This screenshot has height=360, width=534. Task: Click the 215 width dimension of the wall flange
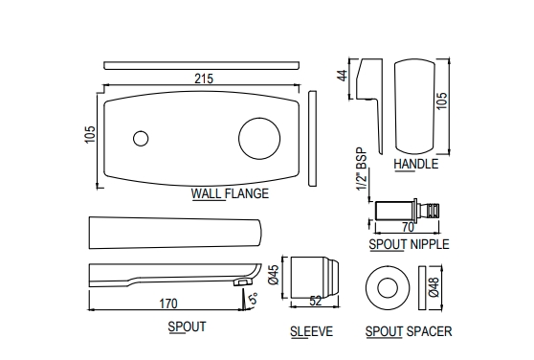tap(204, 79)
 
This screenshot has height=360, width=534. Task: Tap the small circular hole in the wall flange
tap(141, 139)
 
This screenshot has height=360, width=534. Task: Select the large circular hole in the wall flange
tap(259, 139)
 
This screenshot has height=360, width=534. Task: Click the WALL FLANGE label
tap(230, 193)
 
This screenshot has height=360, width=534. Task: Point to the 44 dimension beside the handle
tap(343, 76)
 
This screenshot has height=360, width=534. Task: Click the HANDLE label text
tap(416, 164)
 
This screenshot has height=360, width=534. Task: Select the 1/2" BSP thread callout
tap(362, 169)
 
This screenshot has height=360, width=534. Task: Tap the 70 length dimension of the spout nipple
tap(408, 227)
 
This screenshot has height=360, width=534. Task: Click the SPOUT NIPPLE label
tap(409, 244)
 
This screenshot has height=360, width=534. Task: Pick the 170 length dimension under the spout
tap(168, 304)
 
